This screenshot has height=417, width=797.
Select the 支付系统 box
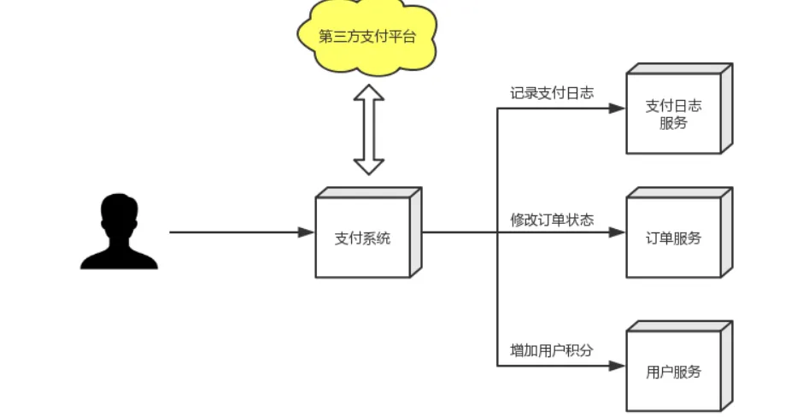364,237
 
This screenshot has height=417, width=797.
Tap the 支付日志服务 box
674,114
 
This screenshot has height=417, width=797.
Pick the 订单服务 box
674,238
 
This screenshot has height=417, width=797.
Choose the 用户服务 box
674,371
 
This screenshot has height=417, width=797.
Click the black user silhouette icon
119,232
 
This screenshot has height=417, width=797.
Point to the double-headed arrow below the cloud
369,129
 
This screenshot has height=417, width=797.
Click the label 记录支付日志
551,93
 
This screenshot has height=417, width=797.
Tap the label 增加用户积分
551,350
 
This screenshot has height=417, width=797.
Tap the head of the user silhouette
119,212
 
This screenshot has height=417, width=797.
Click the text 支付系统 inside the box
362,238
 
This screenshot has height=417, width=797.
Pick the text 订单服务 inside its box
673,238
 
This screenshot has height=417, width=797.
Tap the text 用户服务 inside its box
673,372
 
